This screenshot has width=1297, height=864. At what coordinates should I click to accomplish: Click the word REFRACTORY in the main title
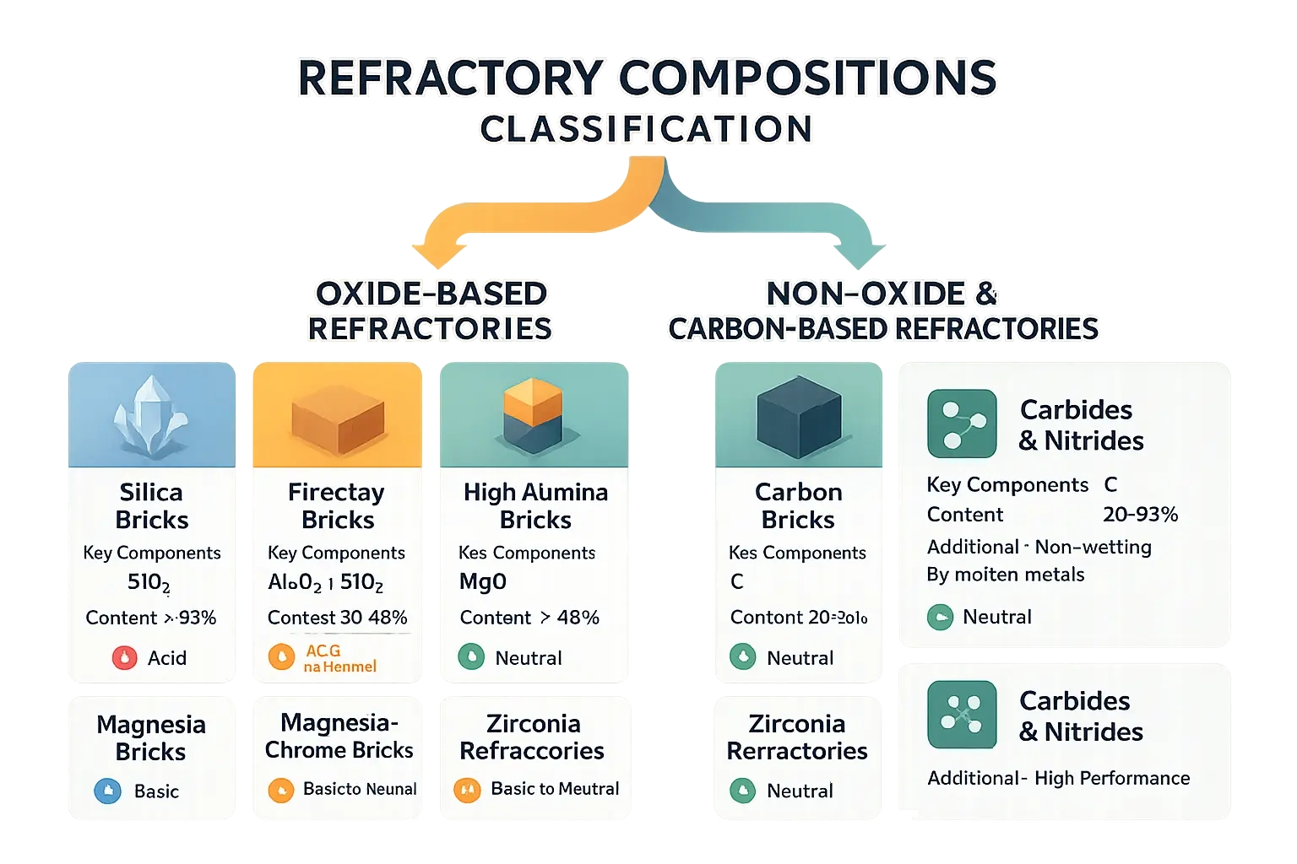pyautogui.click(x=450, y=78)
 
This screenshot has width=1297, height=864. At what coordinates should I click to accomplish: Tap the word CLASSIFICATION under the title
pyautogui.click(x=646, y=130)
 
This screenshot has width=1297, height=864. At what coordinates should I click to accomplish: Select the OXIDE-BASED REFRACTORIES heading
pyautogui.click(x=430, y=310)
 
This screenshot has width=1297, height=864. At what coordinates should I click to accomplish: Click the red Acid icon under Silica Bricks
pyautogui.click(x=125, y=657)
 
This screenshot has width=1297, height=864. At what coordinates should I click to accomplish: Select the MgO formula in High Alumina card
pyautogui.click(x=483, y=581)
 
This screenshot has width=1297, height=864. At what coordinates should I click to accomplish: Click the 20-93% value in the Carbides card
pyautogui.click(x=1140, y=515)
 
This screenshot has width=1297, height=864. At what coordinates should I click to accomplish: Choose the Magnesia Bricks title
pyautogui.click(x=151, y=737)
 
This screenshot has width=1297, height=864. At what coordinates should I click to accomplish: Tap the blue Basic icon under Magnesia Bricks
pyautogui.click(x=108, y=791)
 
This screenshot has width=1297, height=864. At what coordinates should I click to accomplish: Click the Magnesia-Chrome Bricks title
pyautogui.click(x=339, y=736)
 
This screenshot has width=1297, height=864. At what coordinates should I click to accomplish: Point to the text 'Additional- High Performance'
pyautogui.click(x=1058, y=778)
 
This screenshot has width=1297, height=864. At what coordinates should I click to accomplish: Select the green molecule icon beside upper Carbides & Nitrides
pyautogui.click(x=962, y=424)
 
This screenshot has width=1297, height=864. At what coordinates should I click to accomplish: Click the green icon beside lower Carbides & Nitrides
pyautogui.click(x=962, y=715)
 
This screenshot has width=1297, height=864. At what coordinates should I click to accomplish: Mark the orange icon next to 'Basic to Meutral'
pyautogui.click(x=467, y=790)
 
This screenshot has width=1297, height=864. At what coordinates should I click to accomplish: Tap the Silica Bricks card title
pyautogui.click(x=152, y=505)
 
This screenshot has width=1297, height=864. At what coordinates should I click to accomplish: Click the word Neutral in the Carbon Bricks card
pyautogui.click(x=800, y=658)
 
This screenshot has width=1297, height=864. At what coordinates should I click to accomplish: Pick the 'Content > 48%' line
pyautogui.click(x=529, y=618)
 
